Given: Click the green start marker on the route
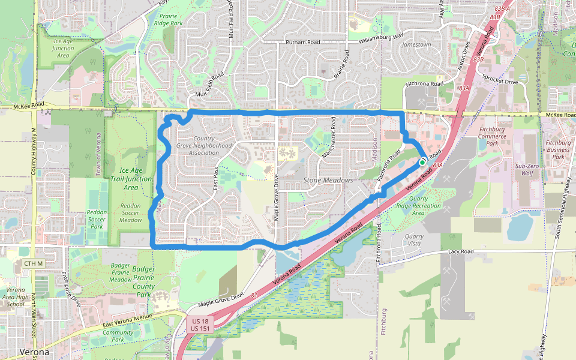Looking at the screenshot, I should pyautogui.click(x=422, y=163).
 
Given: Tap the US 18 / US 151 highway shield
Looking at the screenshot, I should pyautogui.click(x=200, y=325).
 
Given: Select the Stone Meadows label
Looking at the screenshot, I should pyautogui.click(x=328, y=180).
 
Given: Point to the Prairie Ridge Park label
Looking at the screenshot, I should pyautogui.click(x=168, y=19).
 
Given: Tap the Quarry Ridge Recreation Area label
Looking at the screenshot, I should pyautogui.click(x=419, y=209).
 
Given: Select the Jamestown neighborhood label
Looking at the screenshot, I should pyautogui.click(x=416, y=45).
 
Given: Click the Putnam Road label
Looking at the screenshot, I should pyautogui.click(x=303, y=43).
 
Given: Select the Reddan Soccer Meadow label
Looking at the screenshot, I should pyautogui.click(x=131, y=213).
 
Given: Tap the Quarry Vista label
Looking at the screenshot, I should pyautogui.click(x=415, y=240).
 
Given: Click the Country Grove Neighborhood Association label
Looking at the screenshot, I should pyautogui.click(x=204, y=145).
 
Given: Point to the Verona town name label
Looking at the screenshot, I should pyautogui.click(x=35, y=352).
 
